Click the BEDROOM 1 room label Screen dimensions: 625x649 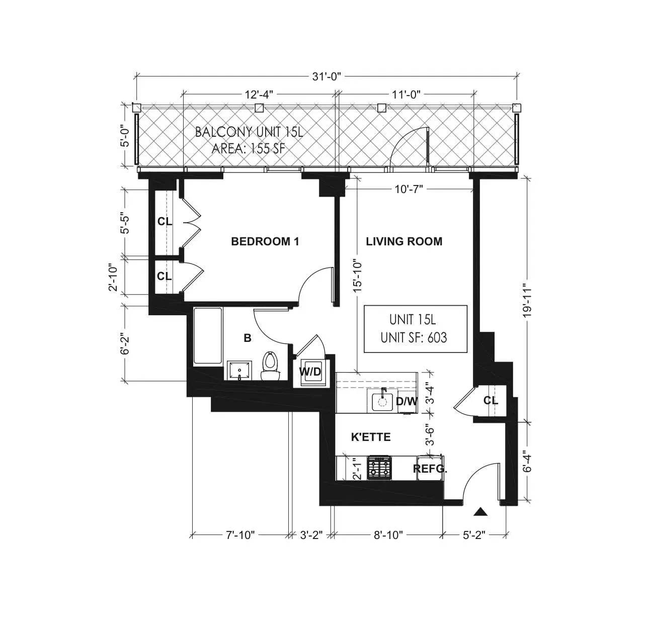pos(265,241)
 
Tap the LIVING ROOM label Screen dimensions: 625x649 pos(404,241)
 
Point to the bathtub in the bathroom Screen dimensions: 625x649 pos(208,336)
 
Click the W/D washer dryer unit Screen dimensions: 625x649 pos(310,372)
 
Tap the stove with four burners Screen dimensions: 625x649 pos(379,468)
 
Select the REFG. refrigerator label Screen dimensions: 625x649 pos(430,469)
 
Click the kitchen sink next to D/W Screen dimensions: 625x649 pos(382,402)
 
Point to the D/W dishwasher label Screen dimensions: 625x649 pos(407,401)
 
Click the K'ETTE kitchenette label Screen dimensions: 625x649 pos(371,437)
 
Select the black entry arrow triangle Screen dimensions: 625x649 pos(481,512)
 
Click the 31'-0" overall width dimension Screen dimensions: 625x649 pos(327,76)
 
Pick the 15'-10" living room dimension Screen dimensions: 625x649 pos(357,276)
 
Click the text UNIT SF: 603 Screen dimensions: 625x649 pos(414,337)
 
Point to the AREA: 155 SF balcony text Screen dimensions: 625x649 pos(249,149)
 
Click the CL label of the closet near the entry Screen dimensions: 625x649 pos(491,401)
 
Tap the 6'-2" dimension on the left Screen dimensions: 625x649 pos(126,342)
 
